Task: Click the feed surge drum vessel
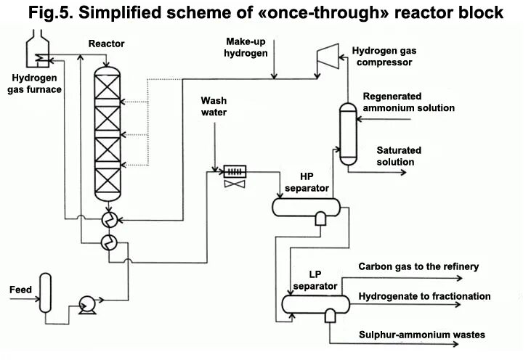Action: (46, 292)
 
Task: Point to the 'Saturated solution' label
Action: (398, 156)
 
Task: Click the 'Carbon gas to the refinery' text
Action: (418, 266)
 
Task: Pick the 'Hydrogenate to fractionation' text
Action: (424, 296)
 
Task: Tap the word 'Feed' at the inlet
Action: (20, 290)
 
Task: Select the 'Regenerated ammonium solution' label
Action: (408, 102)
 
